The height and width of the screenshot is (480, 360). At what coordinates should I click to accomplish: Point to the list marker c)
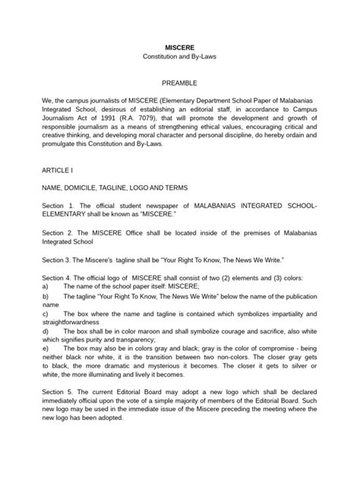point(46,313)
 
